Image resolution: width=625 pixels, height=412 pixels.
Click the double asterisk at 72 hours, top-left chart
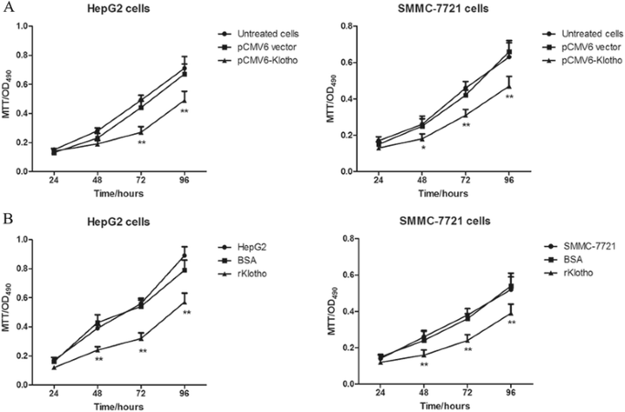141,143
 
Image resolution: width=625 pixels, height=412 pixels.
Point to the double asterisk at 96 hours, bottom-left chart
186,314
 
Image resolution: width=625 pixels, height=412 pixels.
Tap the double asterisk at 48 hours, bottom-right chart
422,366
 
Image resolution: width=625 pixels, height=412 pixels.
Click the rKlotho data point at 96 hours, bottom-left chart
185,302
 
